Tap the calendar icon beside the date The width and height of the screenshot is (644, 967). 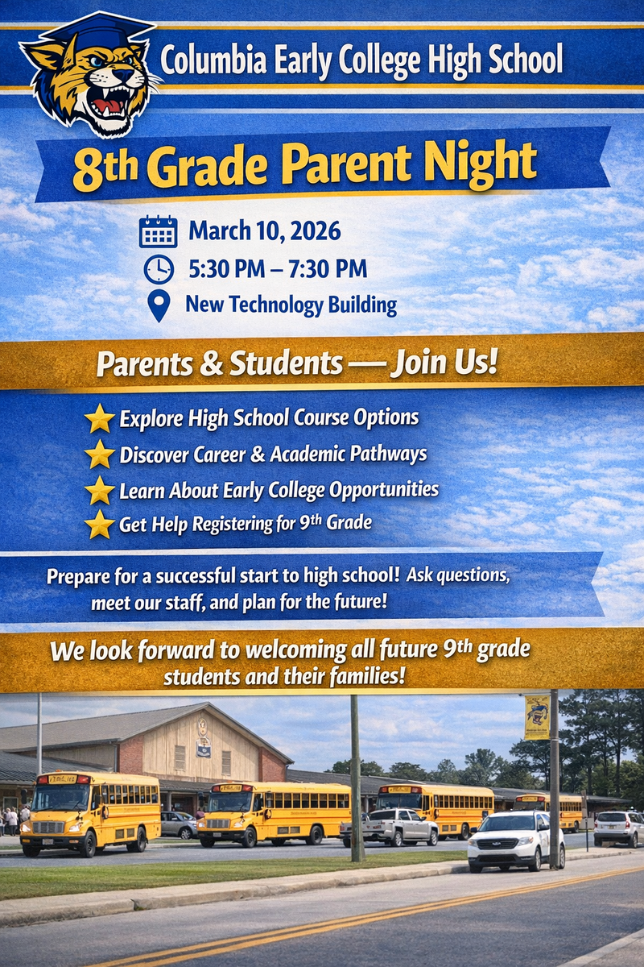(158, 231)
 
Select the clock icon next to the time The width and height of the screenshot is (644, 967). (159, 269)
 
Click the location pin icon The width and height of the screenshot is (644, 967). (159, 306)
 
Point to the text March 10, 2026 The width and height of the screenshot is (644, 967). (265, 231)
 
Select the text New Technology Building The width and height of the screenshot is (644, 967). (291, 305)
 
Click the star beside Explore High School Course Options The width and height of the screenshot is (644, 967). (100, 418)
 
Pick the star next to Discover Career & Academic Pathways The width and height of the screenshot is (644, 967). (100, 454)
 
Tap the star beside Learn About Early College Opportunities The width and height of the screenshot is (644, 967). (100, 489)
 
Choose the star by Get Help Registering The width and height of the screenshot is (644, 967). (100, 524)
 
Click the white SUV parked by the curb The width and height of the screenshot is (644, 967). (516, 840)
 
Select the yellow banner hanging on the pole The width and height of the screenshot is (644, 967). (537, 717)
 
